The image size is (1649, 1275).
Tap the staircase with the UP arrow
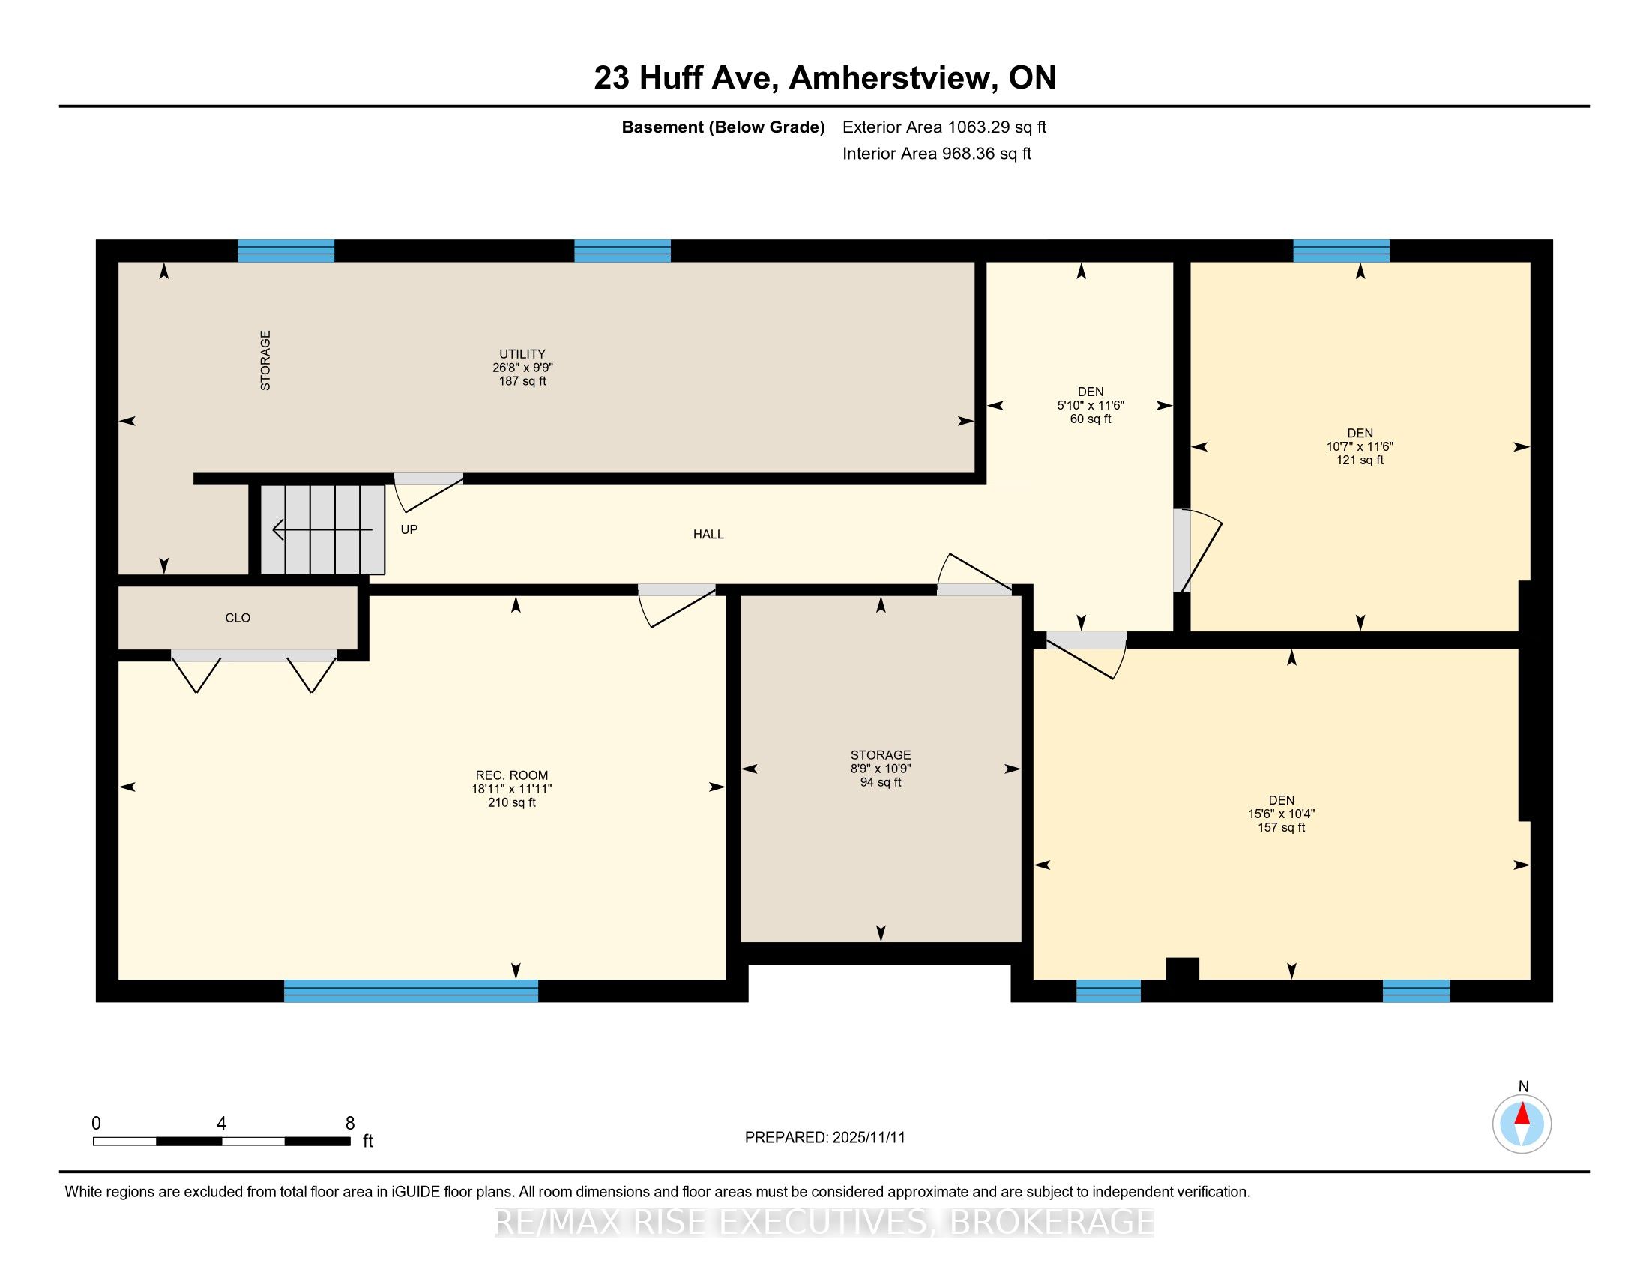click(x=323, y=529)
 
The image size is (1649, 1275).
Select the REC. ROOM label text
click(x=512, y=775)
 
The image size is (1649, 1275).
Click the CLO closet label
click(x=238, y=618)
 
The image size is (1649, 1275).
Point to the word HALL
click(x=708, y=534)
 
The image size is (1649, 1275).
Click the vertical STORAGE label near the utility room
click(x=265, y=360)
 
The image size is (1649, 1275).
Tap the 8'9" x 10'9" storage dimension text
click(x=881, y=769)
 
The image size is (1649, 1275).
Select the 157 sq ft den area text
click(x=1281, y=827)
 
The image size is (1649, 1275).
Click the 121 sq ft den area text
click(x=1360, y=459)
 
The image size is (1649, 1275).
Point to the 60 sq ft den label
click(x=1091, y=418)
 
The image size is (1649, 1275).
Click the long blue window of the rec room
click(x=411, y=990)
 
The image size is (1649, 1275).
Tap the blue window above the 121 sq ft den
click(x=1341, y=250)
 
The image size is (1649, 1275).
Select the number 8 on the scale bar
click(x=349, y=1123)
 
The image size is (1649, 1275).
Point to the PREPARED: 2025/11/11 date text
click(x=824, y=1138)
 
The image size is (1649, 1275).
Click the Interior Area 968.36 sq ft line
click(x=936, y=153)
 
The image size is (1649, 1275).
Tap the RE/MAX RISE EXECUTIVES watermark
click(x=824, y=1222)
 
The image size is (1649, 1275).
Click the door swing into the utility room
click(x=428, y=492)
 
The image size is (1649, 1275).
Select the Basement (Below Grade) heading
click(x=723, y=127)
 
